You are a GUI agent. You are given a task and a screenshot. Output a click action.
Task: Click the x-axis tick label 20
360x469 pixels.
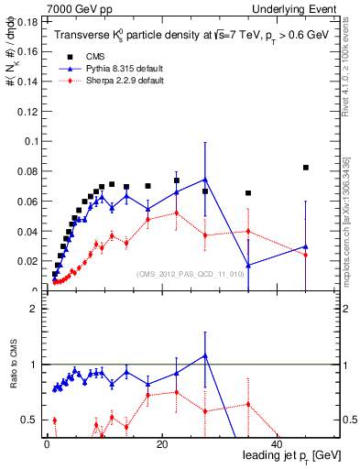click(161, 443)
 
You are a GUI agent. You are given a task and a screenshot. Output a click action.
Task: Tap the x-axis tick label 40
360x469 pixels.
click(275, 443)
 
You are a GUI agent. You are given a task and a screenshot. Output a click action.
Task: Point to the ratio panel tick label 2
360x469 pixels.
click(34, 309)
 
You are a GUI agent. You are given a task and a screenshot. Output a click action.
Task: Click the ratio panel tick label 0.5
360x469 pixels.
click(30, 420)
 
